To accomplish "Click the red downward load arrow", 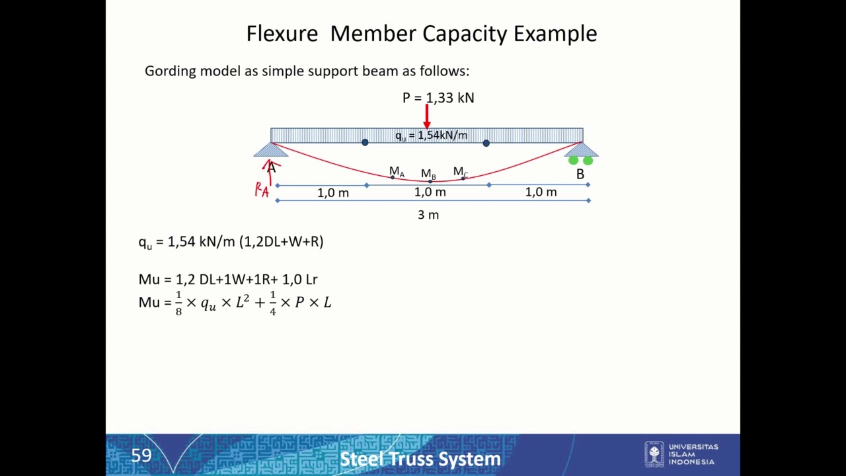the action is pos(427,116).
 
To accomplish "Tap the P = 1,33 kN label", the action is pos(438,98).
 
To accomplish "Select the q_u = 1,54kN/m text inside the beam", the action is pos(432,136).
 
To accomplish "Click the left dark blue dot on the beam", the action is pos(365,142).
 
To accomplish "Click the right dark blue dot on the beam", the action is pos(486,143).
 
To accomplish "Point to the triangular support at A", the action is pos(271,150).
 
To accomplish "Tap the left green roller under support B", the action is pos(573,161).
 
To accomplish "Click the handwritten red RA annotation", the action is pos(262,190).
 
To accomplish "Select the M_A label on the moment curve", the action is pos(397,171).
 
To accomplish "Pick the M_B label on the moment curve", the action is pos(428,174).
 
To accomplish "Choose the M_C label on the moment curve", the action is pos(461,172).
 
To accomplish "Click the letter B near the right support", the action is pos(580,174).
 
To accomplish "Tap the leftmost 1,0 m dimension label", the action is pos(333,193).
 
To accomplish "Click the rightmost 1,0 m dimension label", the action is pos(541,192).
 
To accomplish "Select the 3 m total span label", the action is pos(428,215).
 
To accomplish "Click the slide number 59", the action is pos(141,456).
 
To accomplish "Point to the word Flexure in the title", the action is pos(282,34).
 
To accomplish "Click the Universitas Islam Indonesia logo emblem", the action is pos(654,454).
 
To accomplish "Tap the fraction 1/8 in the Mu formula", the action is pos(178,303).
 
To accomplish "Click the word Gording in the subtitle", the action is pos(171,71).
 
